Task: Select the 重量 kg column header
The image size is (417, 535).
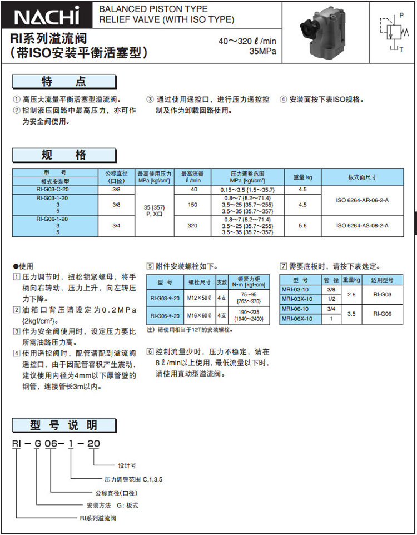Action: pos(303,177)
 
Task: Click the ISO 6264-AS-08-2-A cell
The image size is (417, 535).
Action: pos(363,226)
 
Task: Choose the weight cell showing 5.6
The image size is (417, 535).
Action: pos(303,226)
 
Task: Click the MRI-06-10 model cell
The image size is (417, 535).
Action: pos(299,308)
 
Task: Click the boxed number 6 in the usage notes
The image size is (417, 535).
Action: pos(150,352)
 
